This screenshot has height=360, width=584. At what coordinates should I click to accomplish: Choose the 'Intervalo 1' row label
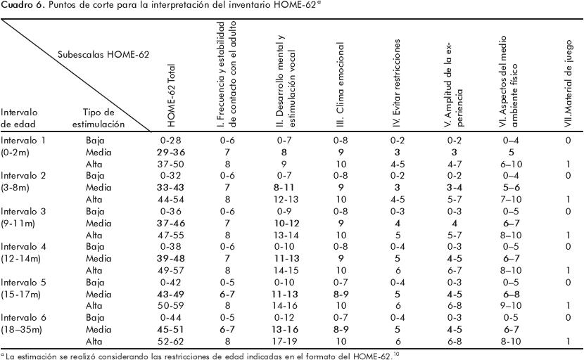click(x=23, y=140)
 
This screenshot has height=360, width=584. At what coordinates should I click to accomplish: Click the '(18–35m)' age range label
click(x=23, y=330)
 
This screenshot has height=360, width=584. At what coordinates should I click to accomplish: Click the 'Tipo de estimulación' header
click(x=103, y=117)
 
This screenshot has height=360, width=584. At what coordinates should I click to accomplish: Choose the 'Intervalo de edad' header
click(x=20, y=117)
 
